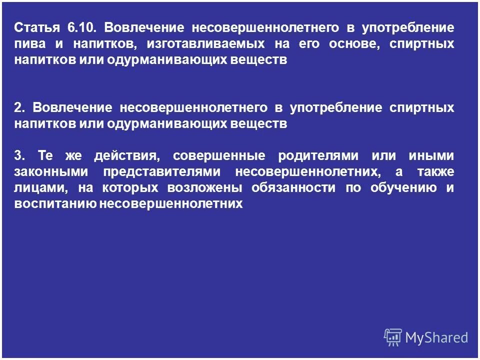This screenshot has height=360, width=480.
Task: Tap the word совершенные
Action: coord(217,155)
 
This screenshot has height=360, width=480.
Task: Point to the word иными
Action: coord(430,155)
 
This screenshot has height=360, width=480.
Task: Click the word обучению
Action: coord(405,188)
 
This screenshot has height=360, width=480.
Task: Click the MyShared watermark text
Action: coord(436,337)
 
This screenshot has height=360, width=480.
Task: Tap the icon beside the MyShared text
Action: coord(393,337)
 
